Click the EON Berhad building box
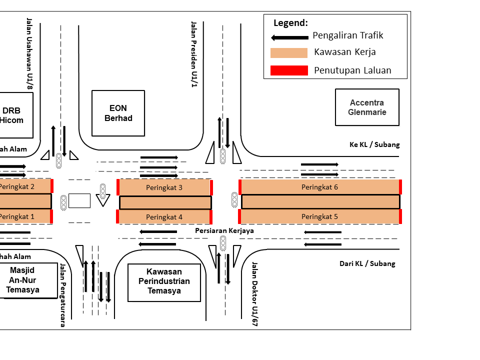click(x=118, y=113)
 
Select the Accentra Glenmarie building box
click(x=367, y=107)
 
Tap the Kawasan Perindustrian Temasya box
click(x=164, y=282)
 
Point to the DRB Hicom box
click(x=12, y=115)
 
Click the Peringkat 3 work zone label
click(x=164, y=187)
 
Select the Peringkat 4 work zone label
click(x=164, y=217)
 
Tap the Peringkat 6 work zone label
click(x=319, y=187)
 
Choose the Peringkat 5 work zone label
click(x=319, y=216)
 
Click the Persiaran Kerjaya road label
click(x=224, y=230)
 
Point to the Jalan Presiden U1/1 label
click(x=193, y=54)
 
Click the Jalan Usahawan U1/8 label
click(x=29, y=54)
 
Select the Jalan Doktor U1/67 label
click(x=254, y=294)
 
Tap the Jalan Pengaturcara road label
click(x=63, y=295)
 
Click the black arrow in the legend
click(x=289, y=37)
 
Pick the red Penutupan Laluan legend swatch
click(x=289, y=70)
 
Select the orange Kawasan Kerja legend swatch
click(x=289, y=53)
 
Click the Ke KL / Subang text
click(x=374, y=144)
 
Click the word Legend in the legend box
click(x=290, y=23)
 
